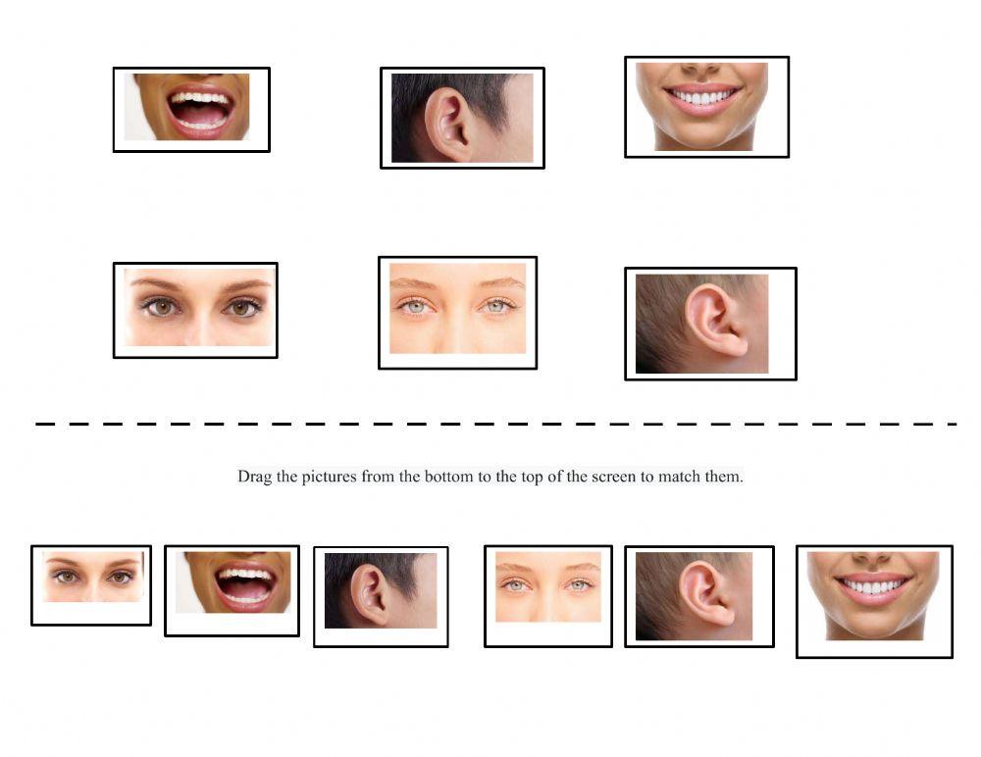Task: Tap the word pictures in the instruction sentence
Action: coord(329,478)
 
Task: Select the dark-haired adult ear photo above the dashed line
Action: coord(462,118)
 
